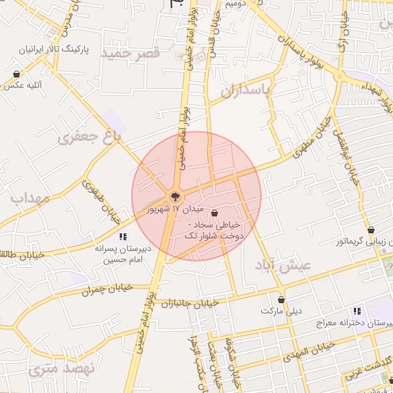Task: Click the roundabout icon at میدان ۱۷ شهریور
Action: click(x=175, y=195)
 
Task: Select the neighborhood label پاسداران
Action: click(x=246, y=91)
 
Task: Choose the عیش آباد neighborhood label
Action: click(x=284, y=265)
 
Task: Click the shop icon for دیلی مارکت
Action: click(x=282, y=299)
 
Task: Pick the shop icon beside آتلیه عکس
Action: click(x=16, y=74)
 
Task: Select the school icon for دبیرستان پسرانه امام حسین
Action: click(x=123, y=237)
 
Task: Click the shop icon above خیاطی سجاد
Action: click(x=213, y=211)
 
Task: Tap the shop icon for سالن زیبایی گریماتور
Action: click(x=372, y=230)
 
